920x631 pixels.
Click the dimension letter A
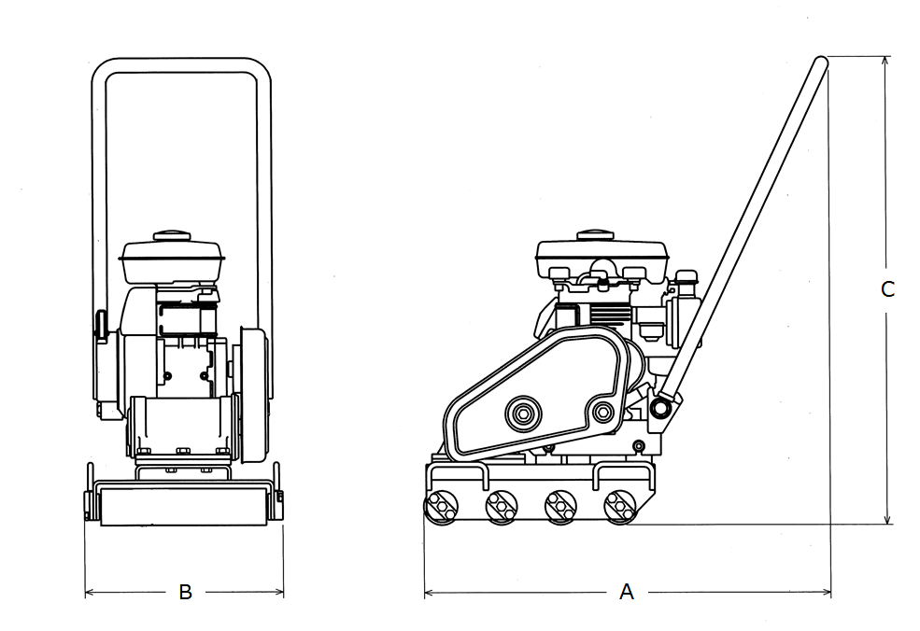coord(627,592)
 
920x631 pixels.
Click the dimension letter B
coord(185,592)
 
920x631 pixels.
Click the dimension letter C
coord(887,289)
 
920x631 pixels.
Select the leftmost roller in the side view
coord(441,506)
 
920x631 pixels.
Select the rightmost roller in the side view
coord(619,506)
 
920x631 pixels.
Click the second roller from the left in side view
coord(501,506)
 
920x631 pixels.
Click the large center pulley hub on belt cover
coord(522,414)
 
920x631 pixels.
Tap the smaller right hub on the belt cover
coord(602,413)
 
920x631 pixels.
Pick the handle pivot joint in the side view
coord(661,407)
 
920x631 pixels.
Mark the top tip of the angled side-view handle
coord(821,60)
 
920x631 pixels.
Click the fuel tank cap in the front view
coord(172,236)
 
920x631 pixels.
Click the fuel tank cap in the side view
coord(595,236)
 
